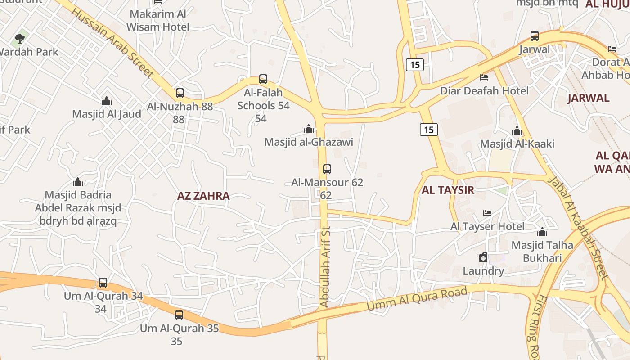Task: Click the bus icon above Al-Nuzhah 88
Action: pos(180,93)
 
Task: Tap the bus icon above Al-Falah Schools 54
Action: pos(263,80)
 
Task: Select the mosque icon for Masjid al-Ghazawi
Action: pos(309,129)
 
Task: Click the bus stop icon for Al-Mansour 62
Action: pos(327,169)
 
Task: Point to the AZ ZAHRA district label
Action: pos(203,196)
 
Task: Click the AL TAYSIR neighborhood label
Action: pos(448,190)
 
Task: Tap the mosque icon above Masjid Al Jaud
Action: pos(107,101)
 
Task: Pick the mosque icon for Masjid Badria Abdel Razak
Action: pos(78,182)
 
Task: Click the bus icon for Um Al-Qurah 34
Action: pos(103,283)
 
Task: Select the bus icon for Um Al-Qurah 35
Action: pos(179,315)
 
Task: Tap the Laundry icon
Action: pos(483,257)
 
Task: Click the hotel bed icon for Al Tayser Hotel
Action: pos(487,213)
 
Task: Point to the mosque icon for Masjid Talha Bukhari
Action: pos(542,232)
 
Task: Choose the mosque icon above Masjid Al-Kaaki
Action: pos(517,131)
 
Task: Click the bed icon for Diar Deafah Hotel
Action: pos(484,77)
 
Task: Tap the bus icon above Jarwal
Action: pos(535,36)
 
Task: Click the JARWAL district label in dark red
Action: pos(588,98)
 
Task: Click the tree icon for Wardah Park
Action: pos(20,38)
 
